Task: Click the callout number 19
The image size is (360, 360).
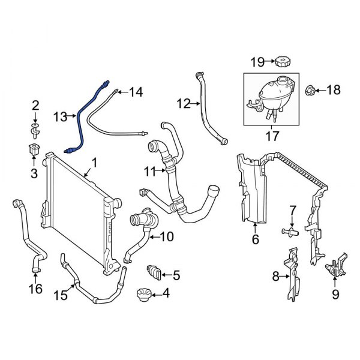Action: click(257, 62)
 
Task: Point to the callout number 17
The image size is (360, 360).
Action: click(272, 136)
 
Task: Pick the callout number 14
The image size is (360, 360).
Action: click(136, 92)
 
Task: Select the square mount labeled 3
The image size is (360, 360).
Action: click(34, 151)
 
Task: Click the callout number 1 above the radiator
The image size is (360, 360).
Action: click(94, 163)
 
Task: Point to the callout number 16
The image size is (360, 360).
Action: click(35, 289)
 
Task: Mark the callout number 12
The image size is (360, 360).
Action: click(184, 104)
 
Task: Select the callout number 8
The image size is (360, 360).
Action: click(276, 276)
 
